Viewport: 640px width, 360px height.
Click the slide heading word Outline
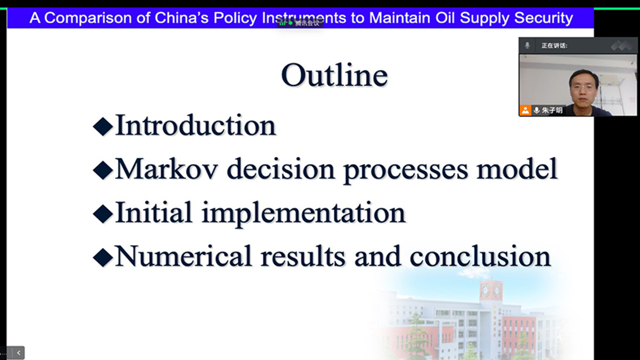(x=334, y=75)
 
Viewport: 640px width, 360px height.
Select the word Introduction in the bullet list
(x=195, y=125)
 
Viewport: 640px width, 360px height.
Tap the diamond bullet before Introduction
(x=103, y=126)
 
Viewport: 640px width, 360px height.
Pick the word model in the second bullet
(x=517, y=169)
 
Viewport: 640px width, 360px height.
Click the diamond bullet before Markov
(x=103, y=170)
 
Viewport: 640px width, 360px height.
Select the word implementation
(x=303, y=213)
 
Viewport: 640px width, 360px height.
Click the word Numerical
(x=183, y=256)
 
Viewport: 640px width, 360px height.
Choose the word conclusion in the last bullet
(x=480, y=256)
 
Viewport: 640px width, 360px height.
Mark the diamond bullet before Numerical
(x=103, y=257)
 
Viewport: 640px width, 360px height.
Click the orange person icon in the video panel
(x=525, y=110)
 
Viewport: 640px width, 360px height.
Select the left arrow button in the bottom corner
(x=18, y=353)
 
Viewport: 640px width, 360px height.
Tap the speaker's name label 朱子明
(x=552, y=110)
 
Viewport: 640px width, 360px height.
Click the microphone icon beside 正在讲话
(x=527, y=45)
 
